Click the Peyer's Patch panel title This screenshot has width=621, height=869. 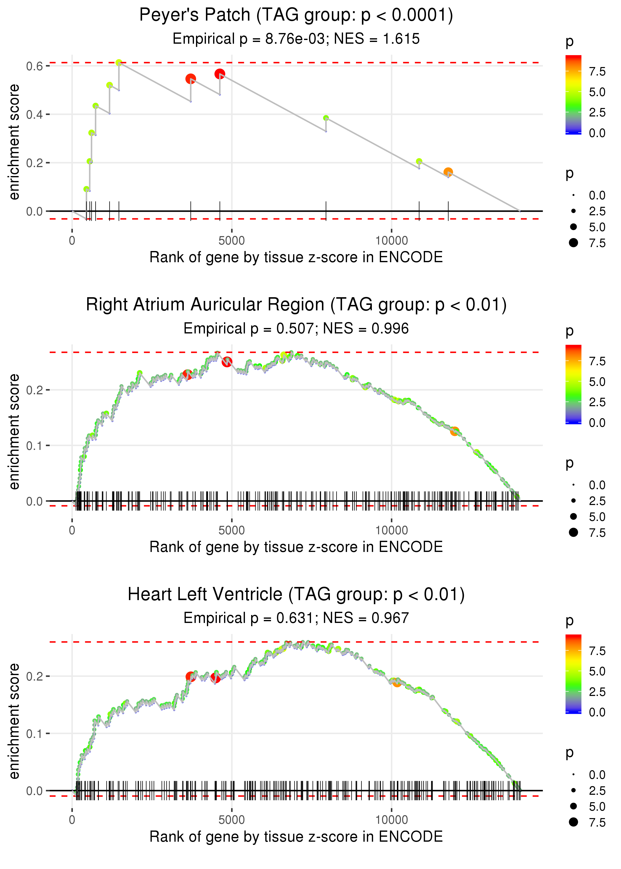coord(296,15)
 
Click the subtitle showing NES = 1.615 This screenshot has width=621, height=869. coord(296,39)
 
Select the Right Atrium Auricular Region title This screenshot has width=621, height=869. coord(296,305)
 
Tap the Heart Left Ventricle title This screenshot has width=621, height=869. coord(296,595)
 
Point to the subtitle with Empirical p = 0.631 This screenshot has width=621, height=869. coord(296,618)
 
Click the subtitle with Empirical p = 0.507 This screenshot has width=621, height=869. coord(296,329)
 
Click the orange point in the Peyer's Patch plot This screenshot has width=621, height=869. coord(448,172)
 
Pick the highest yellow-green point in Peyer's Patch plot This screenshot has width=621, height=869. coord(119,63)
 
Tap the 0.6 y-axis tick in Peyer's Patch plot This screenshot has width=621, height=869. coord(35,66)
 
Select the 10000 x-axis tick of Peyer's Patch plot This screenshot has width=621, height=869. coord(391,241)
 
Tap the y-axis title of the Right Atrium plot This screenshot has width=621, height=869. coord(14,432)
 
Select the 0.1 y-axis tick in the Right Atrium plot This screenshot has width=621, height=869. coord(35,446)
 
